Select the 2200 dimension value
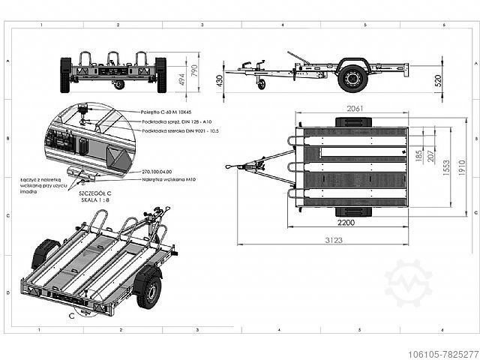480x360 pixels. point(346,223)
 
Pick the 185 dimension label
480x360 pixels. point(418,156)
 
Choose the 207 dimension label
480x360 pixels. point(430,156)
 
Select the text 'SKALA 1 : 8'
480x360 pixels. point(95,199)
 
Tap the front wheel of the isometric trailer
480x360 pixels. point(148,290)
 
